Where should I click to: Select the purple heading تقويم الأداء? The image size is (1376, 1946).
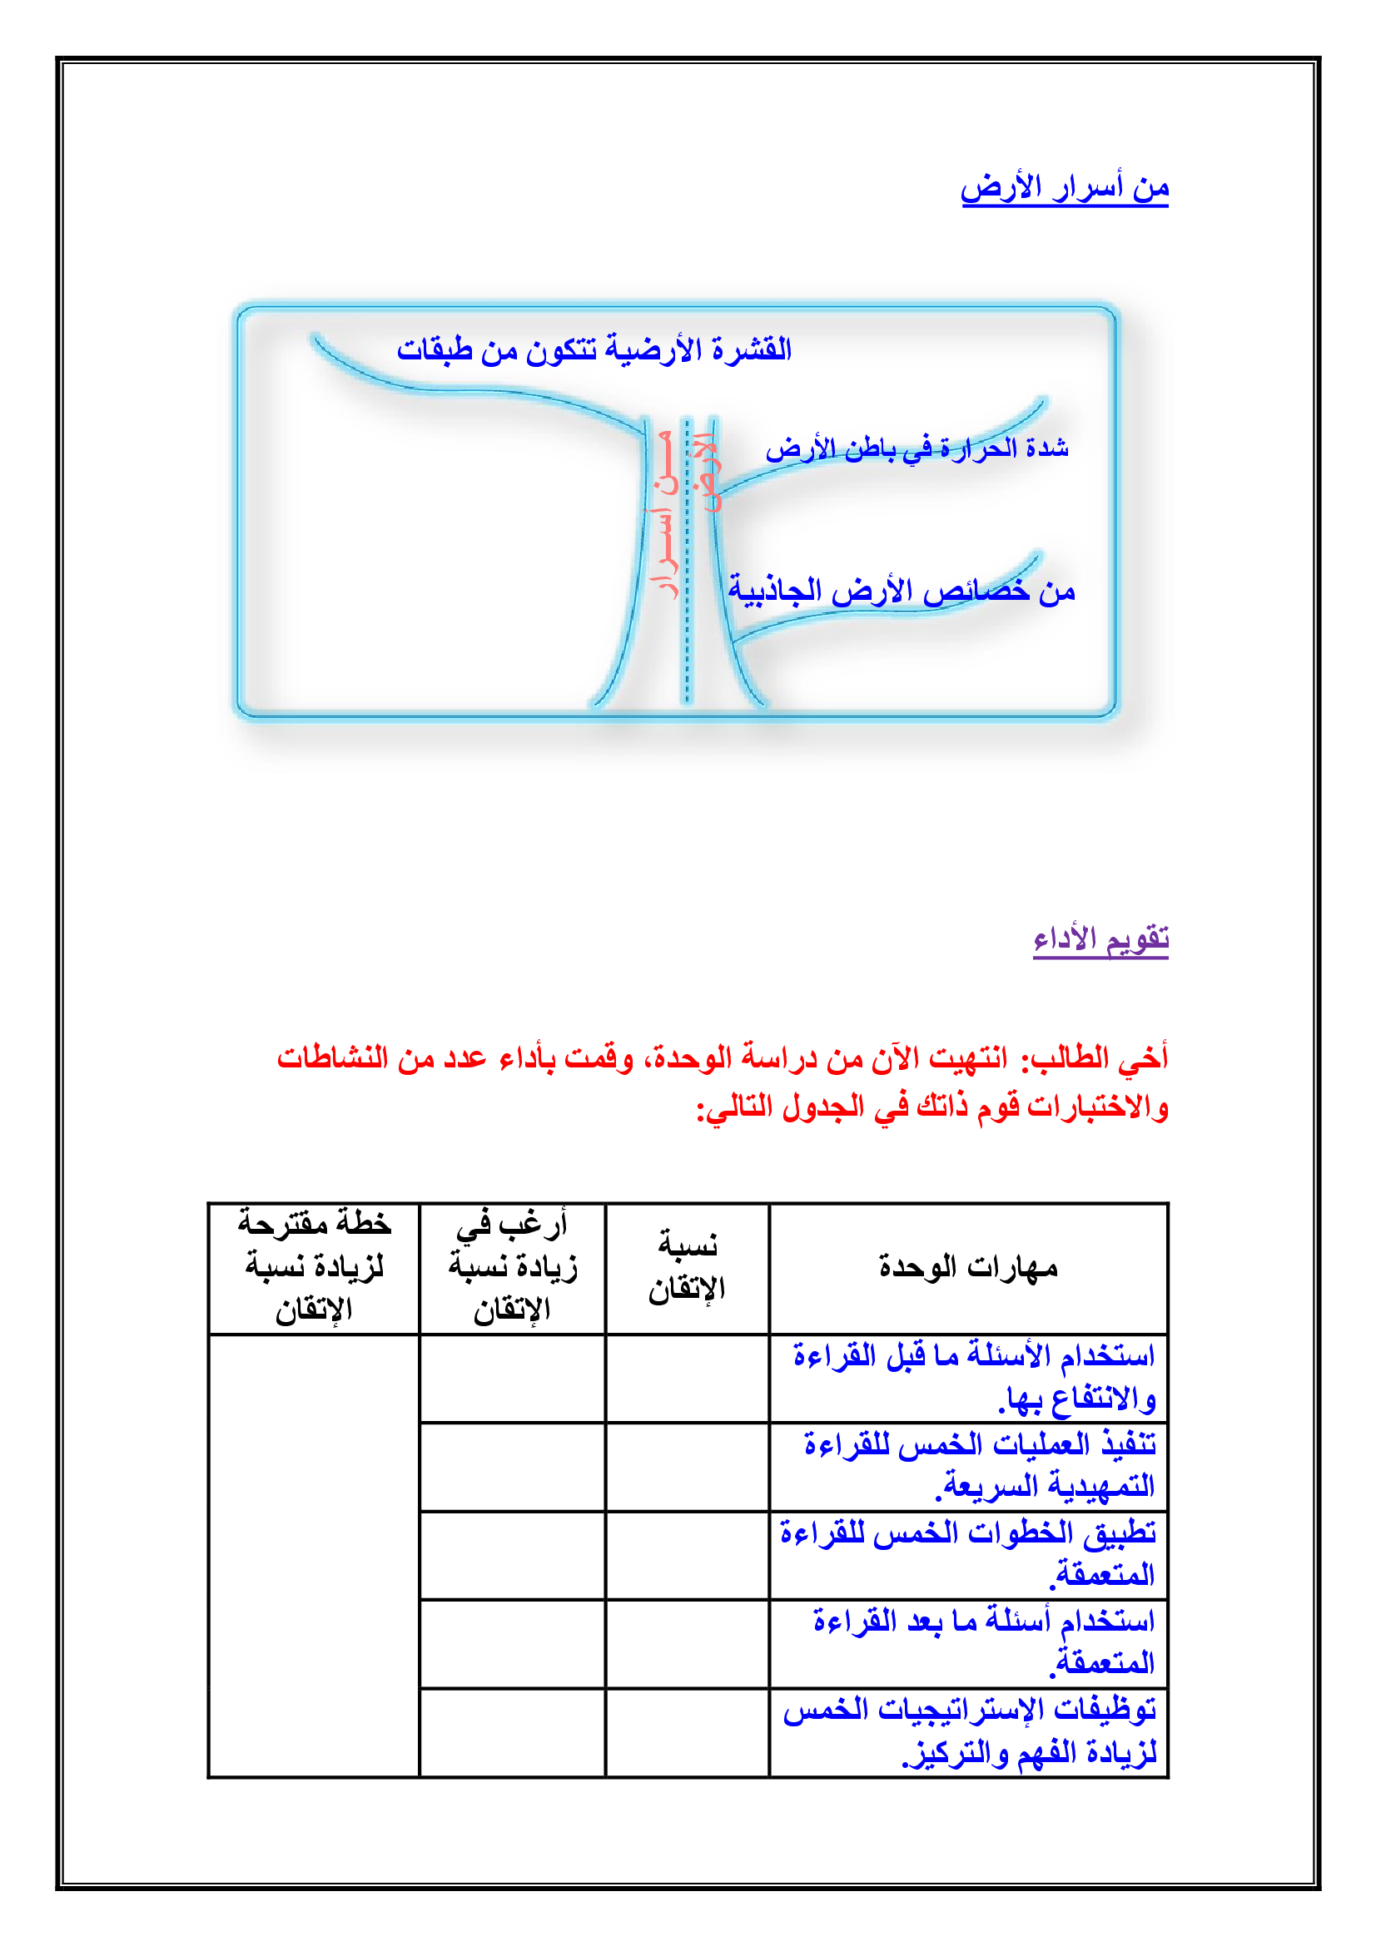pos(1100,939)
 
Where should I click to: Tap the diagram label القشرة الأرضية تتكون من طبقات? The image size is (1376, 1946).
pos(594,349)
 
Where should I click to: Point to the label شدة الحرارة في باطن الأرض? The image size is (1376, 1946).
pos(917,448)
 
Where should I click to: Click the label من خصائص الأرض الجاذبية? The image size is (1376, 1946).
pos(902,591)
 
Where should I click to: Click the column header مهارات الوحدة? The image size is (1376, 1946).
pos(968,1268)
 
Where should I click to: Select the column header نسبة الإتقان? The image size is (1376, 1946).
pos(687,1268)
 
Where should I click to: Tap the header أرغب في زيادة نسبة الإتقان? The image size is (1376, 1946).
pos(512,1268)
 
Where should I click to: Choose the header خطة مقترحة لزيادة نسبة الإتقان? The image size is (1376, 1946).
pos(314,1268)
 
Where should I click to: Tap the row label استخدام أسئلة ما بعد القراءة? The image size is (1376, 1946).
pos(983,1641)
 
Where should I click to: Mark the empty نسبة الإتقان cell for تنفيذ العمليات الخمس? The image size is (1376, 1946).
pos(687,1466)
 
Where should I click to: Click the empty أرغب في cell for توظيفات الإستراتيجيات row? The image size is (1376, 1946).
pos(512,1731)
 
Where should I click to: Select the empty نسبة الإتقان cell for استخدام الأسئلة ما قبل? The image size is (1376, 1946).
pos(687,1378)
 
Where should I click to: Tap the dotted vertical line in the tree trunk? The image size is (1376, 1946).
pos(688,559)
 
